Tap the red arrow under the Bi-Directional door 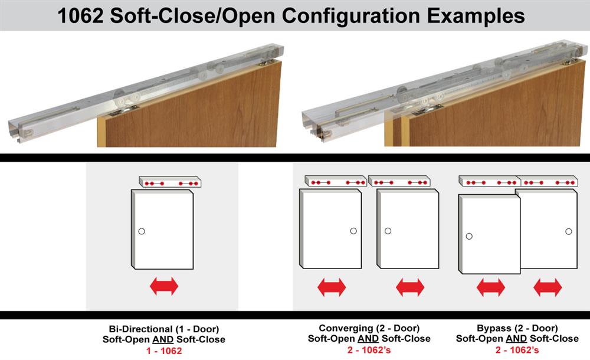coord(164,287)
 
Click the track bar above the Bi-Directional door coord(171,182)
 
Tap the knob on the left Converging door coord(353,231)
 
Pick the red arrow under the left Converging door coord(332,287)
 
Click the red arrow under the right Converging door coord(410,287)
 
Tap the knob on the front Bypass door coord(468,236)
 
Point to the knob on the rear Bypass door coord(568,231)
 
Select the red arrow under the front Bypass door coord(491,287)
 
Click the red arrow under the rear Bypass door coord(548,287)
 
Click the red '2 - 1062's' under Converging coord(369,350)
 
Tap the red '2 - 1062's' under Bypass coord(517,350)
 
